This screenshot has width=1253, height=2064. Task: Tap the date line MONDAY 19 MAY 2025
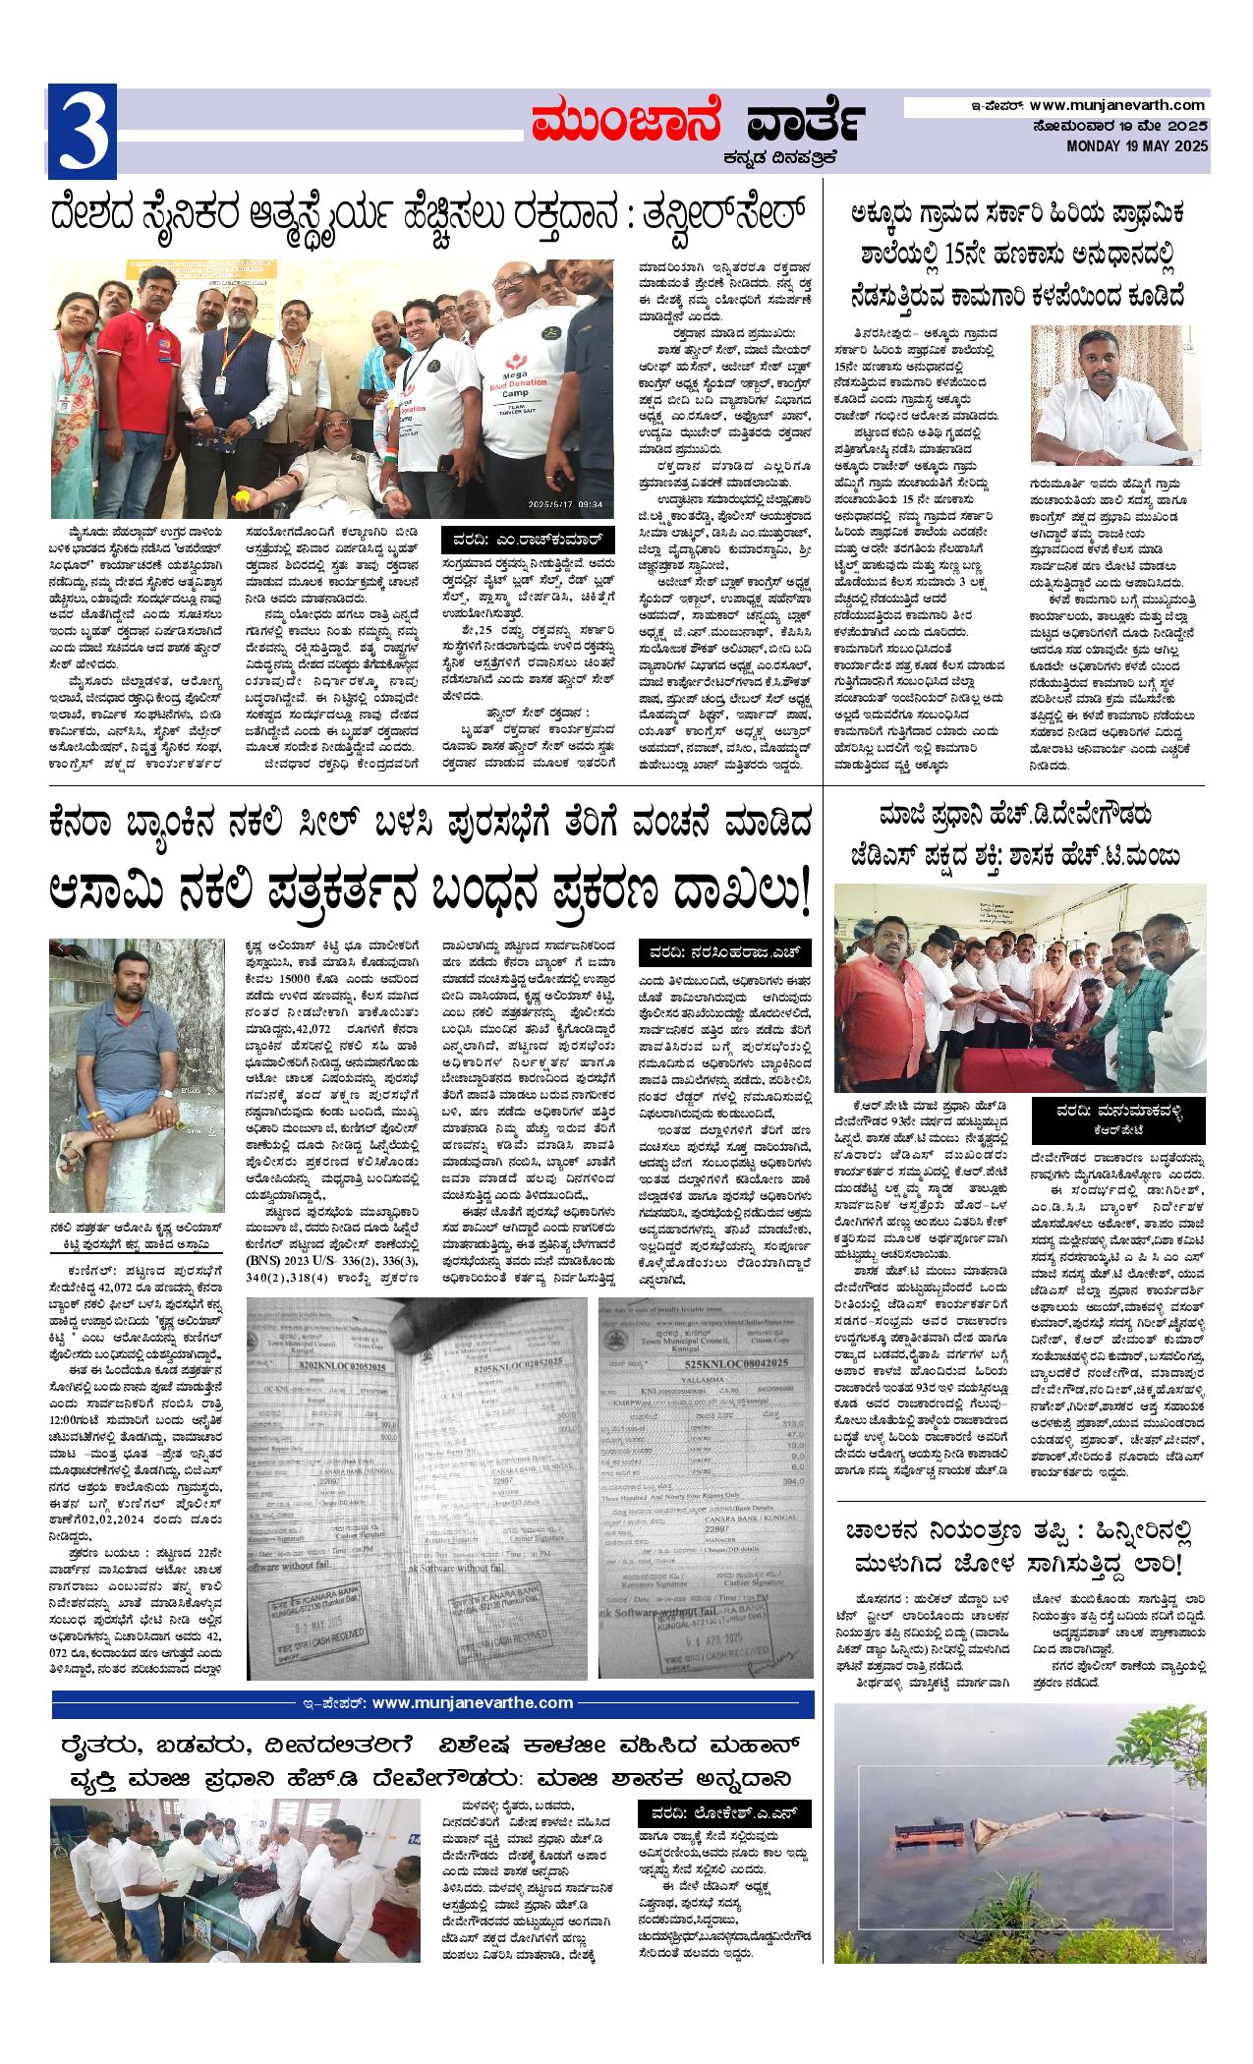pos(1138,146)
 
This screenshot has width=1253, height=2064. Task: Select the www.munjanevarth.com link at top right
pos(1118,105)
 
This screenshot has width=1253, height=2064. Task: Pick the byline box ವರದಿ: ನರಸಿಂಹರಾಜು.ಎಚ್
pos(728,952)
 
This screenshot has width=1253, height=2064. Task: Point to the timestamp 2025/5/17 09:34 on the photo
pos(577,504)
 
